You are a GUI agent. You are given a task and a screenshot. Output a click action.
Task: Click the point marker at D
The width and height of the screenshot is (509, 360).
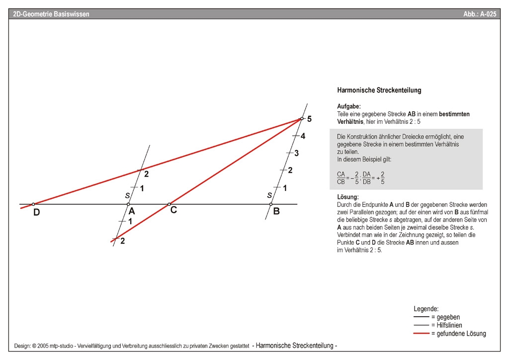point(33,204)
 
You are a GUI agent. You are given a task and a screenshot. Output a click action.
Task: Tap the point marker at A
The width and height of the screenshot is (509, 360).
point(128,204)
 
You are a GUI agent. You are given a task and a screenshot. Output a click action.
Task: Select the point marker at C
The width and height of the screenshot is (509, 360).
point(169,204)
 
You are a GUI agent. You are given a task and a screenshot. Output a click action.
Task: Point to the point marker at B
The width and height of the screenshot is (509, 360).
point(270,204)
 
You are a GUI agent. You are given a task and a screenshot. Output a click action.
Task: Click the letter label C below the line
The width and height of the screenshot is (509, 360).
point(173,210)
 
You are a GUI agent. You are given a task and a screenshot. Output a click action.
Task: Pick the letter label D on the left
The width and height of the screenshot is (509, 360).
point(36,213)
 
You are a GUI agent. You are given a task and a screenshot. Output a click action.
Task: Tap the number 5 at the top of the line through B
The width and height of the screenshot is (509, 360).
point(309,119)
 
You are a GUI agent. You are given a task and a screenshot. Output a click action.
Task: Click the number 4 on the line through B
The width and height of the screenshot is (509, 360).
point(303,136)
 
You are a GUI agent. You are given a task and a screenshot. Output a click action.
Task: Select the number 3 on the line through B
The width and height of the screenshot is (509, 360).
point(296,153)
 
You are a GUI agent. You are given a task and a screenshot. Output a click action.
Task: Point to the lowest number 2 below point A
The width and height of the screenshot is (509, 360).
point(122,241)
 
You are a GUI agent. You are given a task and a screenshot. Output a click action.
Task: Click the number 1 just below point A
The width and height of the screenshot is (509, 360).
point(130,221)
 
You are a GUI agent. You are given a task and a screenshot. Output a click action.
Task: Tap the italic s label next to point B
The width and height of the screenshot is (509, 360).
point(269,195)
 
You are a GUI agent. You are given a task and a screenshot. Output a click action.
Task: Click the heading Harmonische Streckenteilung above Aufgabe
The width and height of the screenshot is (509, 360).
point(379,90)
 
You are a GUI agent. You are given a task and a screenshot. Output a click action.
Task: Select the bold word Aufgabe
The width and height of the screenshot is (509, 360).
point(349,106)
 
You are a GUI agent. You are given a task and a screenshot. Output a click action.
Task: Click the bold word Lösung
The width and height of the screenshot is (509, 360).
point(348,197)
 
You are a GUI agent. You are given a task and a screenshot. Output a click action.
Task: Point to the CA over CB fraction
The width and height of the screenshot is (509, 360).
point(341,178)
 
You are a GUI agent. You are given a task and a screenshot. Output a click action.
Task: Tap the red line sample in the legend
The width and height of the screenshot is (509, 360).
point(422,333)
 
